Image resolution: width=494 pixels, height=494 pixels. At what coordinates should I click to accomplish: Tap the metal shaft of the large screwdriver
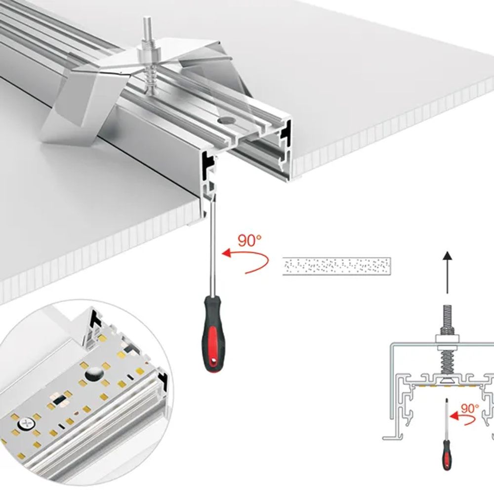(x=211, y=247)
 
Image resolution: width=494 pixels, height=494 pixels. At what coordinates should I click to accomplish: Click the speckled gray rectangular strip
(x=336, y=266)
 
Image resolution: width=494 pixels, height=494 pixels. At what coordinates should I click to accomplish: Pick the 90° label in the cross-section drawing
(x=469, y=408)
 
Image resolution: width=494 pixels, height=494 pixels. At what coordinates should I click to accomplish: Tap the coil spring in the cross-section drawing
(x=447, y=363)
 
